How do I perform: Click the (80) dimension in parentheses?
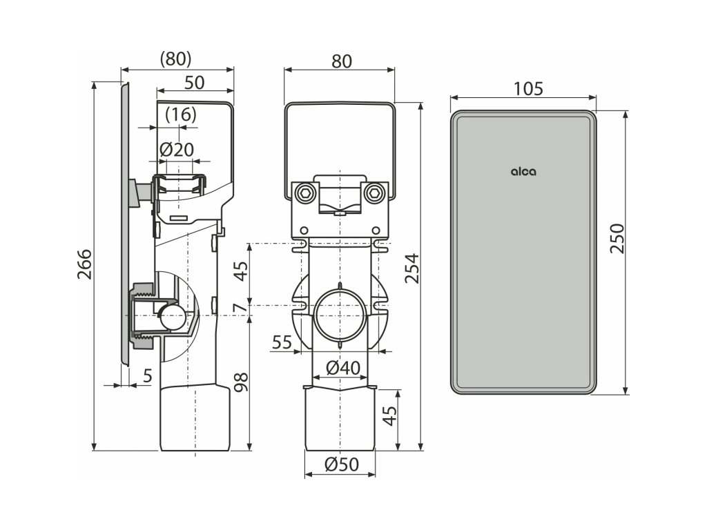coord(175,59)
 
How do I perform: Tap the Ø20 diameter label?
coord(177,149)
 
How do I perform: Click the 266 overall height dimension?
coord(85,264)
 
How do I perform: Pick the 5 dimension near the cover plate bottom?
coord(148,376)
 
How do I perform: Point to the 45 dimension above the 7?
coord(240,272)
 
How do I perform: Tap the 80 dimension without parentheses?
coord(340,61)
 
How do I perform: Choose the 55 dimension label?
coord(281,343)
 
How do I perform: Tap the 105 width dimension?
coord(529,88)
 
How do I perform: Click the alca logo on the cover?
coord(523,173)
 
